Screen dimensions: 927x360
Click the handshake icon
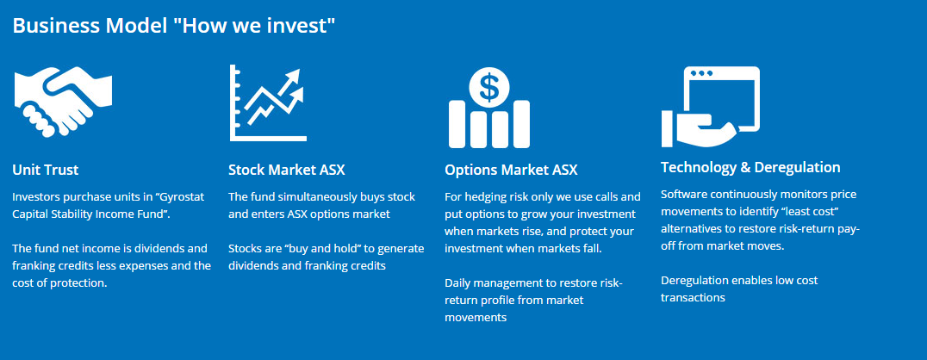tap(63, 101)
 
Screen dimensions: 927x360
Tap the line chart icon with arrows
tap(267, 102)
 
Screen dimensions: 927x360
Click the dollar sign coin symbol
tap(489, 87)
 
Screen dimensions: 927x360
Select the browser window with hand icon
tap(710, 107)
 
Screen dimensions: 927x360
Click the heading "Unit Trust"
tap(46, 171)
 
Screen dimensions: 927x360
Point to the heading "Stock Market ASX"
tap(287, 171)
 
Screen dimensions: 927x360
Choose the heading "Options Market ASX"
tap(511, 171)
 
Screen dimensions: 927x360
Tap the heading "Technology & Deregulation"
tap(750, 167)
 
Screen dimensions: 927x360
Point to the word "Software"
tap(682, 194)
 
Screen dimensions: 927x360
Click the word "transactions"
tap(693, 297)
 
